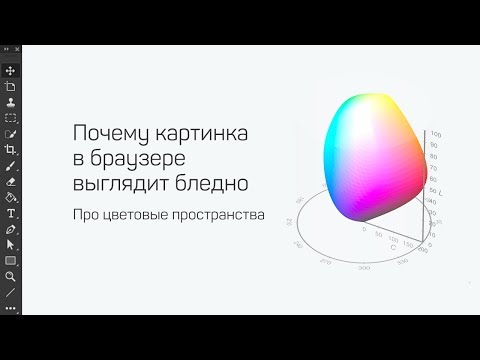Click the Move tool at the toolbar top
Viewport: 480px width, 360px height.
click(10, 71)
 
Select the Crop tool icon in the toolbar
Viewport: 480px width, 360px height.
click(10, 151)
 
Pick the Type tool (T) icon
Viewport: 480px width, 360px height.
click(10, 213)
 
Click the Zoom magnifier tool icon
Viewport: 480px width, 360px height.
click(10, 275)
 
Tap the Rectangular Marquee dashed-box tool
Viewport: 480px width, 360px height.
click(10, 117)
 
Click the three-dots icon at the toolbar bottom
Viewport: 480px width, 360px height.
click(10, 306)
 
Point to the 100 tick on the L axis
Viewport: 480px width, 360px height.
click(436, 132)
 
